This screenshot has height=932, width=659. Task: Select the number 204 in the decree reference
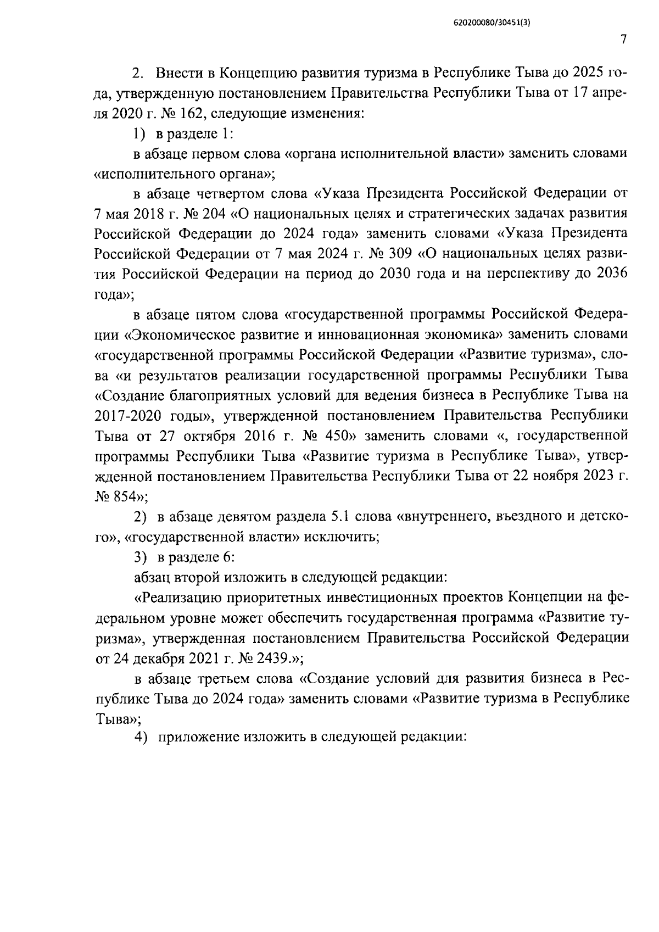[x=214, y=214]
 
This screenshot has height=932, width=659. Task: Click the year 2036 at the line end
[x=611, y=274]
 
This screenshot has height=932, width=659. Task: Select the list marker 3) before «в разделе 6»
[x=142, y=557]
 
